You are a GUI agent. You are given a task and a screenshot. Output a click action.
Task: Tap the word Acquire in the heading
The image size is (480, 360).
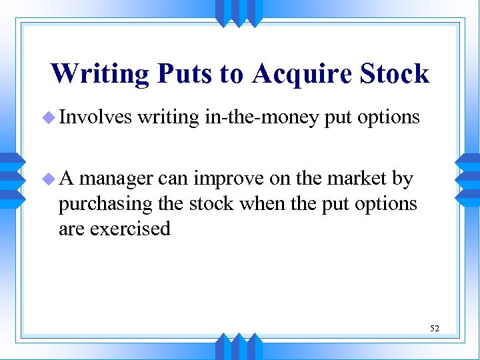[x=304, y=73]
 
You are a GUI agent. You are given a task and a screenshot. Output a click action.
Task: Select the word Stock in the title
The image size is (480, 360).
[x=394, y=73]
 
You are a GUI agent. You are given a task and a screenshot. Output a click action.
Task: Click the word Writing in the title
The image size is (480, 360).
[x=100, y=73]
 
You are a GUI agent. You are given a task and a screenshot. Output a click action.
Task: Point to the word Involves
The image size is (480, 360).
[x=95, y=117]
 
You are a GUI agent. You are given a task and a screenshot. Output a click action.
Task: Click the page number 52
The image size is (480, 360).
[x=435, y=328]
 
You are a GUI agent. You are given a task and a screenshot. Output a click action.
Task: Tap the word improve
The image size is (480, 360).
[x=227, y=179]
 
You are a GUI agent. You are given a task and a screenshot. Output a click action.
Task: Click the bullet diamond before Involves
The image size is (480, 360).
[x=47, y=118]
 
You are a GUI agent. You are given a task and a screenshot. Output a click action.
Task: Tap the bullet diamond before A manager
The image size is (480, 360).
[x=47, y=179]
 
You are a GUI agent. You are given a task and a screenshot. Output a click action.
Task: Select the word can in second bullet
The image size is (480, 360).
[x=173, y=179]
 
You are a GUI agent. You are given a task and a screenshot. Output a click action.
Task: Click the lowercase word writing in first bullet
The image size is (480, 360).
[x=169, y=118]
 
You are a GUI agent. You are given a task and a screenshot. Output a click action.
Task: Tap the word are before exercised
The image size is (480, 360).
[x=71, y=229]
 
